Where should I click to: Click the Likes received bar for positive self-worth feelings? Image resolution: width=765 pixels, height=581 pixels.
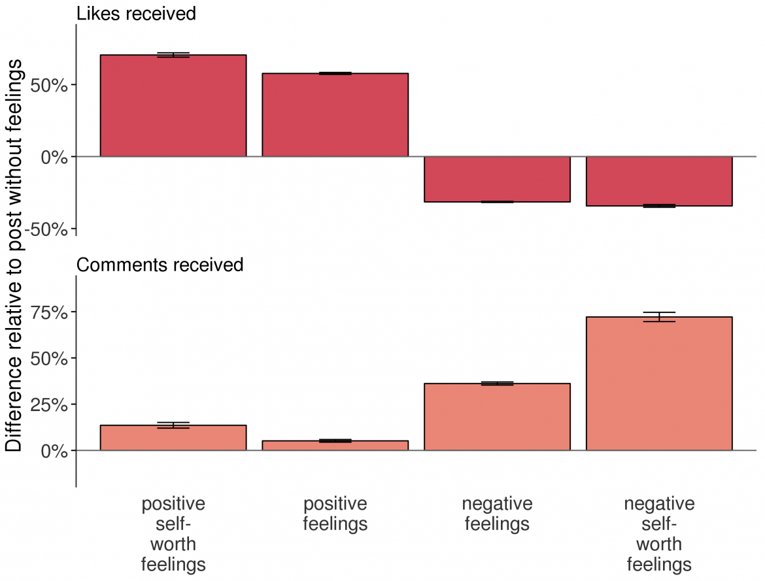pos(173,106)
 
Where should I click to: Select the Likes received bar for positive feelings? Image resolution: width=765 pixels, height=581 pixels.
pos(335,115)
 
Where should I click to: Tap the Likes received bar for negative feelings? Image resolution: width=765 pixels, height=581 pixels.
pos(497,179)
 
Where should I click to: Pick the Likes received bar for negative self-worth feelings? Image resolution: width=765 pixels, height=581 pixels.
pos(659,181)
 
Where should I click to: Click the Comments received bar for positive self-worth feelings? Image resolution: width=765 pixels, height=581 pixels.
pos(173,438)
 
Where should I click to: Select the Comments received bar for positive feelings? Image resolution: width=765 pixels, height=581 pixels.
pos(335,446)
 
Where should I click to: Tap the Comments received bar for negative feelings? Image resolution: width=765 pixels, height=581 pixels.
pos(497,417)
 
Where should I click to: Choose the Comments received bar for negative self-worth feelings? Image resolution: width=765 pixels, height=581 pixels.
pos(659,384)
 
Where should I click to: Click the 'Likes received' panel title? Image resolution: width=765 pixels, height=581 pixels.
pos(136,13)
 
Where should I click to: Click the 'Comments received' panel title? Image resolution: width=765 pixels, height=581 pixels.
pos(160,265)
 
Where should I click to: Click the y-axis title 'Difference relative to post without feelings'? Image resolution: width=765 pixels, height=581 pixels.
pos(14,255)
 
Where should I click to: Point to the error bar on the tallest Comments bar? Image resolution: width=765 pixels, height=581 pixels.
pos(659,317)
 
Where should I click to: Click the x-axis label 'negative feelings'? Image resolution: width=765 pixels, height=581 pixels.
pos(497,514)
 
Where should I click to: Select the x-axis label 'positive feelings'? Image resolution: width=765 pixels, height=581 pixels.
pos(335,514)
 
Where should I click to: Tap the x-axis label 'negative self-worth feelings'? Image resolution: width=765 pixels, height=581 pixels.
pos(659,534)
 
